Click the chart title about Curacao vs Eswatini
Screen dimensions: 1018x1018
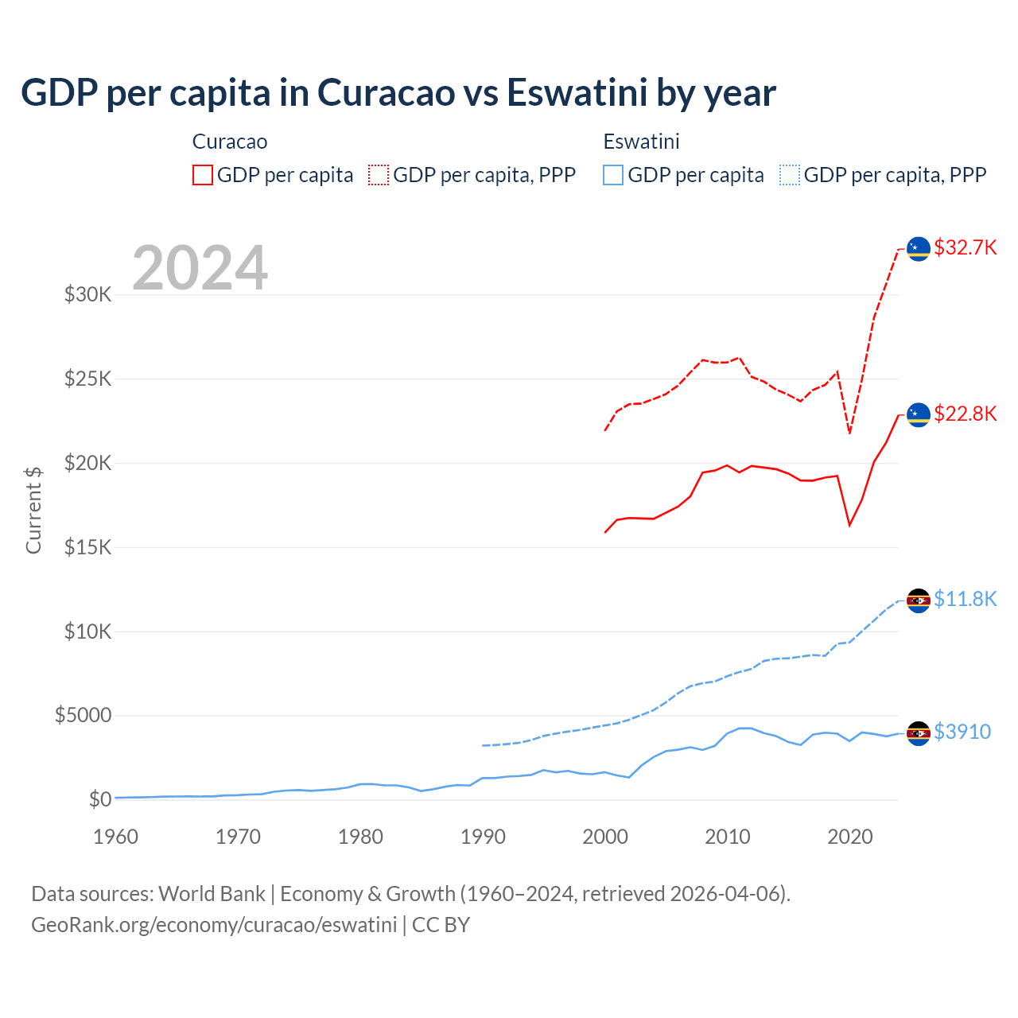click(398, 93)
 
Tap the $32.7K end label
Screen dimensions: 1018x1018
click(965, 247)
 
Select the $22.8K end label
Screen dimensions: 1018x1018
click(965, 414)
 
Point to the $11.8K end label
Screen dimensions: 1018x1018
click(965, 599)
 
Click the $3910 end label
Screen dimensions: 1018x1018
click(962, 732)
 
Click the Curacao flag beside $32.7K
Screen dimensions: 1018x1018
click(919, 249)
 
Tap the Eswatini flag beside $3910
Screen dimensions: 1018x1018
click(919, 733)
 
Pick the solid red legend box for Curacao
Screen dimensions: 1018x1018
click(203, 175)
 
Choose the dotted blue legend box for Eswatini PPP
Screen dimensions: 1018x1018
click(790, 175)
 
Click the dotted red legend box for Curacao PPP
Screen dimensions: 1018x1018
click(379, 175)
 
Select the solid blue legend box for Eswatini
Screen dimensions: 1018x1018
click(613, 175)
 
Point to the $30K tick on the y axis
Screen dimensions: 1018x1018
click(88, 295)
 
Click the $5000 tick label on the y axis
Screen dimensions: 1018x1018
click(83, 715)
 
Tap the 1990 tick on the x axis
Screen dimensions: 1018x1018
click(483, 837)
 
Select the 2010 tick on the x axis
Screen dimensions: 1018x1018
click(728, 837)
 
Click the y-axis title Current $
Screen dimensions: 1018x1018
click(33, 510)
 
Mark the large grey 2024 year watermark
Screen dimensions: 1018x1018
click(200, 268)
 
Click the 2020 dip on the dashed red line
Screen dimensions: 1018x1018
click(849, 433)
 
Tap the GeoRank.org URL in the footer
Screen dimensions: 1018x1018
click(214, 925)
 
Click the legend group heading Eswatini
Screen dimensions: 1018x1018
click(641, 142)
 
